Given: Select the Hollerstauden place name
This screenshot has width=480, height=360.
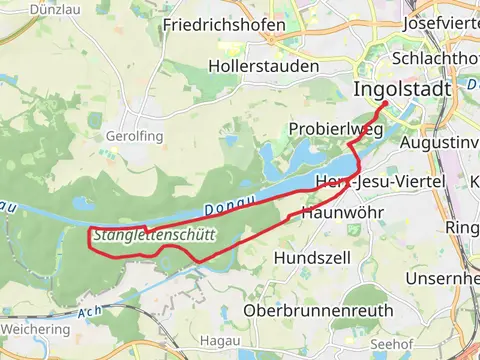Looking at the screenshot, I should [x=264, y=66].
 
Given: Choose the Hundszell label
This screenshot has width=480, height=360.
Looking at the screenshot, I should [x=312, y=257].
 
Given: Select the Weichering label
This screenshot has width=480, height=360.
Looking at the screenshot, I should [x=35, y=330].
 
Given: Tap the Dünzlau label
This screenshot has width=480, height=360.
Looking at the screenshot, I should [x=27, y=6].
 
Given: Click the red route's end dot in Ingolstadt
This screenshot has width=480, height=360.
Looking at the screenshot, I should [x=385, y=103].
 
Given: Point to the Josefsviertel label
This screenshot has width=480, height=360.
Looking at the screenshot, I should [x=443, y=22].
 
